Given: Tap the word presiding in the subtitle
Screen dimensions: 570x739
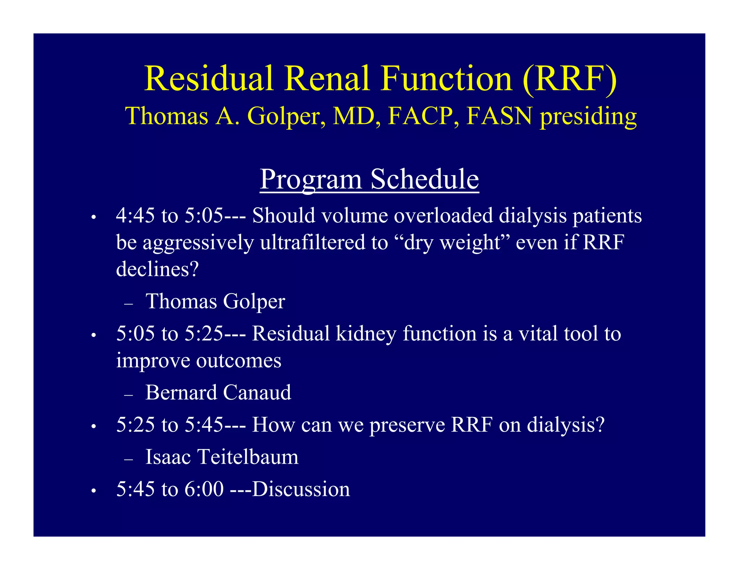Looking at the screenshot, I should pos(588,116).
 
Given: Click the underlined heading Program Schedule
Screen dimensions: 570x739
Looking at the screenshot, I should pos(369,179).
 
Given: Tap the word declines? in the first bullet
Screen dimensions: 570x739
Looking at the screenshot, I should pos(157,269).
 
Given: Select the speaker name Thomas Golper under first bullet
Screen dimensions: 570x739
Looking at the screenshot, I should pos(215,301).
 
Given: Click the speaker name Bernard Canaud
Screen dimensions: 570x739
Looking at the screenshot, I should pos(218,392).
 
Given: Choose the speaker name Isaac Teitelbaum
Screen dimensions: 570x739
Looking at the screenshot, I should pos(222,457).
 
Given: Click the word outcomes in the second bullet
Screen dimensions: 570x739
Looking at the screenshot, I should pos(239,361).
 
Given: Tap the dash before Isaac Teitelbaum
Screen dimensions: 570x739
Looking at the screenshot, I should pos(128,459).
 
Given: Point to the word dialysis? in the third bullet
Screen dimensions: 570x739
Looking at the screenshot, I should pos(565,425).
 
